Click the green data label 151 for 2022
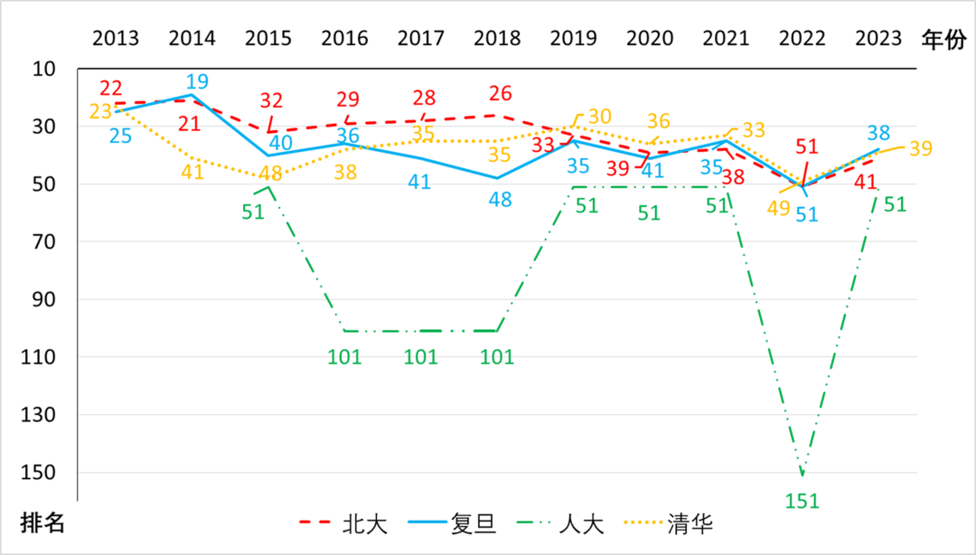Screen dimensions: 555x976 click(x=802, y=500)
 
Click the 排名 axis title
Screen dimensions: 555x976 click(x=42, y=523)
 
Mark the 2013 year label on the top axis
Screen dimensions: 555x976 click(x=116, y=39)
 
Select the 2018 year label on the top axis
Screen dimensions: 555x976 click(x=497, y=39)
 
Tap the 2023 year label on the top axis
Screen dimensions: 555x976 click(x=878, y=39)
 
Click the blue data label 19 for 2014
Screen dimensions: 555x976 click(x=196, y=81)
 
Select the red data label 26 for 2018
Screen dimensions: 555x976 click(x=501, y=93)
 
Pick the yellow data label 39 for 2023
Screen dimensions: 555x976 click(x=920, y=149)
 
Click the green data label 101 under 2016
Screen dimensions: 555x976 click(x=344, y=356)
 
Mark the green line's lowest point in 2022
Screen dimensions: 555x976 click(x=802, y=475)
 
